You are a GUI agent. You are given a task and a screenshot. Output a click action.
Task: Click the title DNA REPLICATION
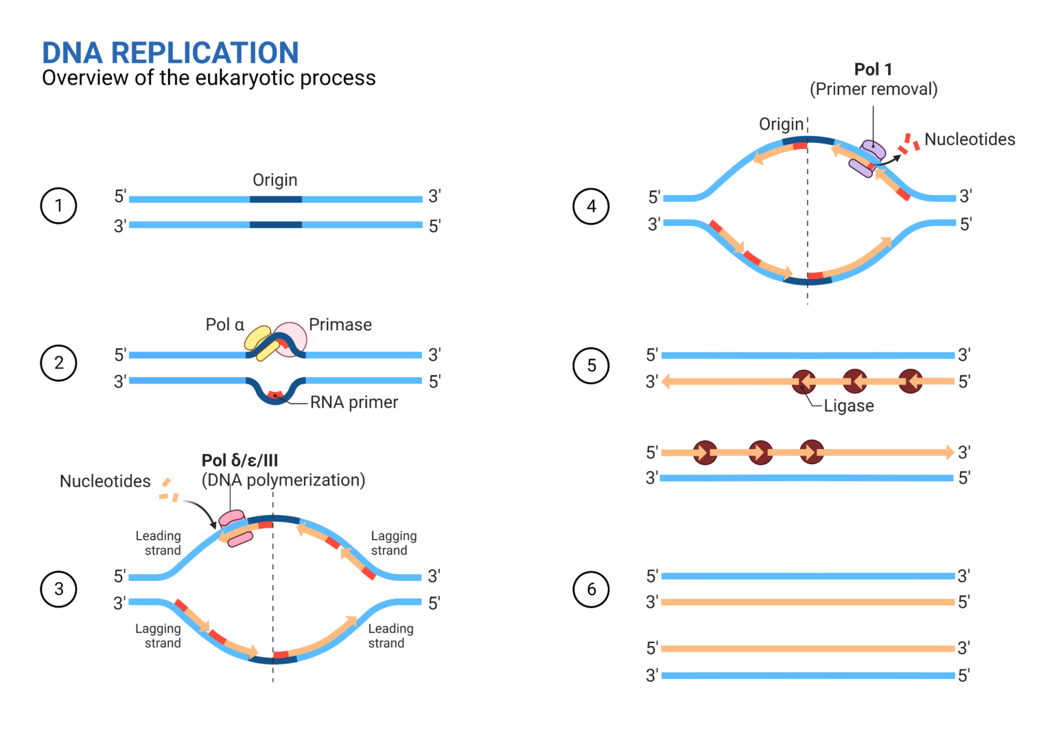click(x=170, y=53)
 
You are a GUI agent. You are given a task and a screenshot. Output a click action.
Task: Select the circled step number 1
click(x=58, y=206)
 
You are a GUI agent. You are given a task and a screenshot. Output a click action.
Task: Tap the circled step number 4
click(x=591, y=206)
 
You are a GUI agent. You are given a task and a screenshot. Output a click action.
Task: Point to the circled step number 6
click(x=591, y=589)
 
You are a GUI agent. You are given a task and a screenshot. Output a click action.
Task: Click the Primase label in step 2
click(x=340, y=325)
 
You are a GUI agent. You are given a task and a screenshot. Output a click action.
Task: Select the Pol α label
click(x=224, y=325)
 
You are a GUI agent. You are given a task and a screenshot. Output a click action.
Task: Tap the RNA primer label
click(x=353, y=402)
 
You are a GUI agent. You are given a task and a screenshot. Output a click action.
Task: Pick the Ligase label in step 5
click(x=849, y=406)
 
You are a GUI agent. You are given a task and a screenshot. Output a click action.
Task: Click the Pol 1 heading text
click(x=873, y=69)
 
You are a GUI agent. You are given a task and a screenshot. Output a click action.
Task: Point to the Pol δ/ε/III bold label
click(x=239, y=460)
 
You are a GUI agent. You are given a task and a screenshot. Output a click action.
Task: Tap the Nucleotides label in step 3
click(x=105, y=481)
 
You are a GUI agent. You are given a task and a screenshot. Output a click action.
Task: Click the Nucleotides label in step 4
click(x=970, y=139)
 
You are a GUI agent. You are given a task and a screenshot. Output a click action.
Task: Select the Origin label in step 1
click(x=274, y=180)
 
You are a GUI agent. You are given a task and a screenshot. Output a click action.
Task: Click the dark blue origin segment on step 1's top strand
click(x=275, y=199)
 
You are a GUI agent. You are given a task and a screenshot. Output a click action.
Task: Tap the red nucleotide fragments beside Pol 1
click(x=910, y=143)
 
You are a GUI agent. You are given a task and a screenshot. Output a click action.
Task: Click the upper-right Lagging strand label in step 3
click(x=393, y=543)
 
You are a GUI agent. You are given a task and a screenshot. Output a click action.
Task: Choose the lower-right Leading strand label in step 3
click(x=390, y=636)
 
